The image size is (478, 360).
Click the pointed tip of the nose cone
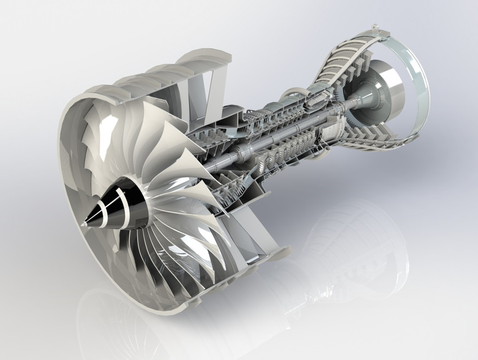click(82, 226)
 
